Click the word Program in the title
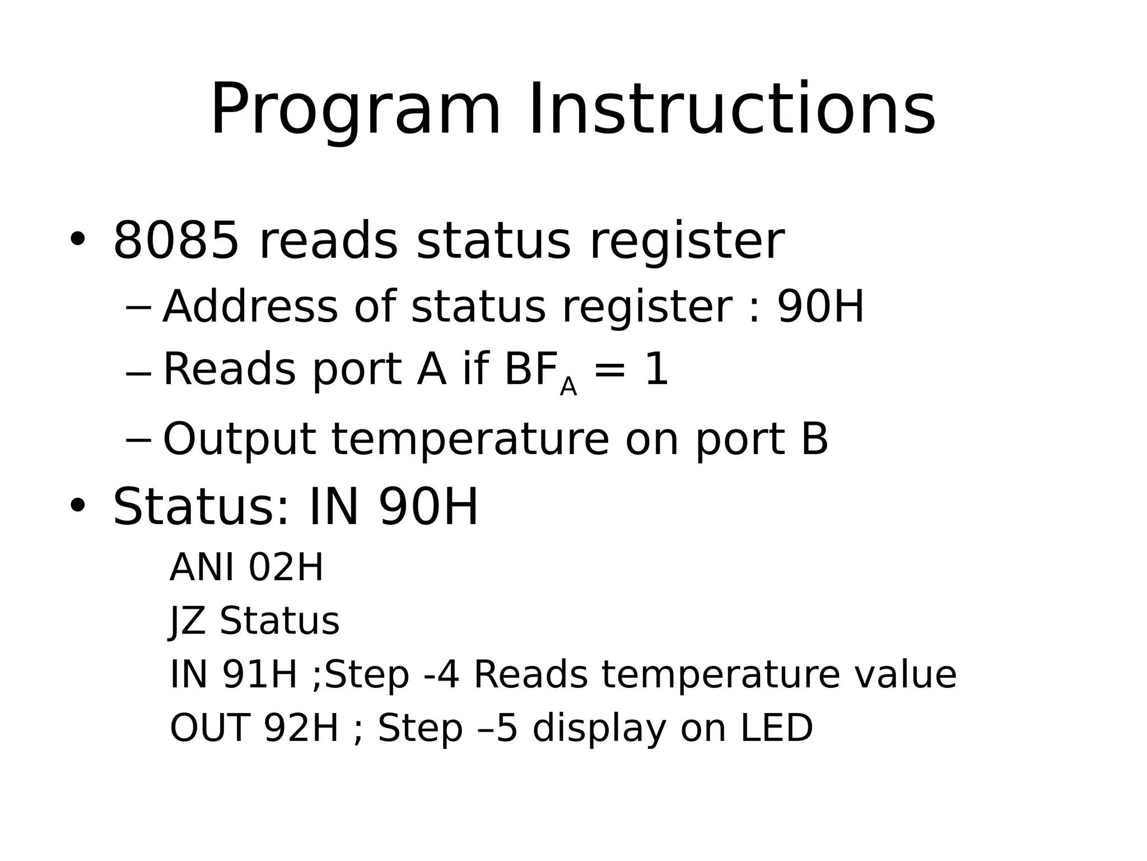point(355,110)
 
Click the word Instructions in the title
point(731,110)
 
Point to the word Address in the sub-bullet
point(250,307)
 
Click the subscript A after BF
point(568,387)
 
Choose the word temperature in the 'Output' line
point(470,439)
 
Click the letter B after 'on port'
point(814,439)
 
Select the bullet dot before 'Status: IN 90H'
point(77,505)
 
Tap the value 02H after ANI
point(286,567)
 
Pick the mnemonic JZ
point(187,621)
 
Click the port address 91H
point(259,674)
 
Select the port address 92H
point(301,728)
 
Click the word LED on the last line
point(776,728)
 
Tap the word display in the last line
point(599,728)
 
